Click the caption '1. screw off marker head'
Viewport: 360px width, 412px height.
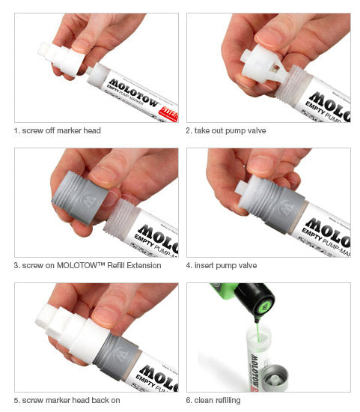[x=57, y=130]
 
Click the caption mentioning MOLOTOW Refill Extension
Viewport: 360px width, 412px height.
[x=88, y=265]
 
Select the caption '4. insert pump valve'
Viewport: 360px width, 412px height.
[x=224, y=265]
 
